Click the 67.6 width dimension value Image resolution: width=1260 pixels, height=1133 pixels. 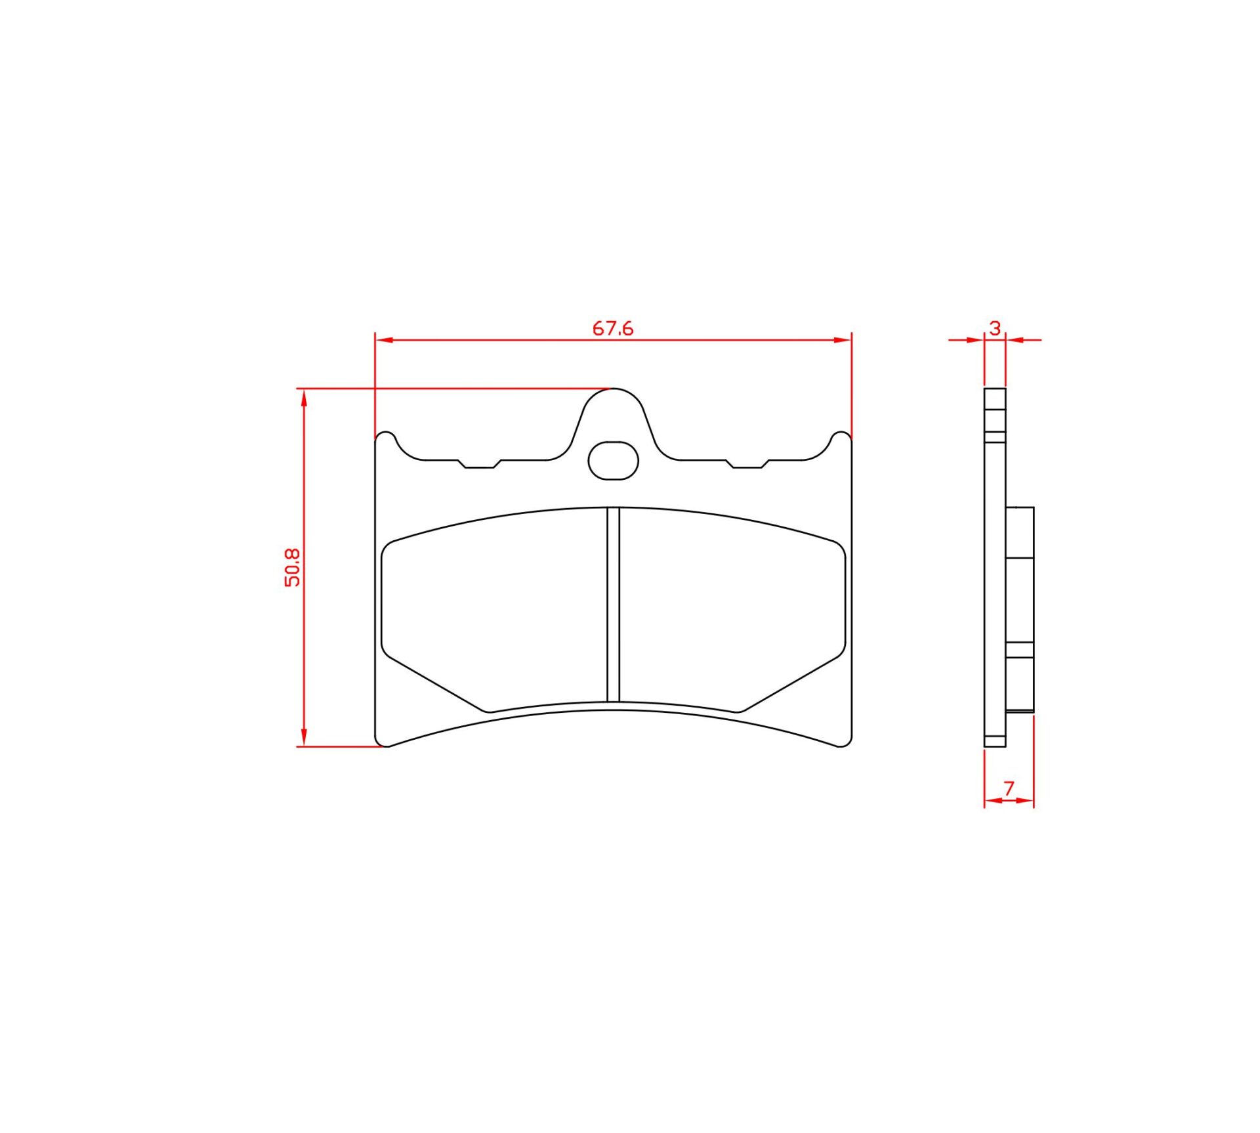613,328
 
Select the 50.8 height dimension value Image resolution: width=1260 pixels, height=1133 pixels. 292,567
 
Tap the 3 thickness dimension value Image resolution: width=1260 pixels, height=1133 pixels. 995,328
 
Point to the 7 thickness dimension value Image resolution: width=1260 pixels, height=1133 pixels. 1009,788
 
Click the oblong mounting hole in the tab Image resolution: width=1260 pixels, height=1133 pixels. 613,460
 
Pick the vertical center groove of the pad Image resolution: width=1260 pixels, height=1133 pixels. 613,604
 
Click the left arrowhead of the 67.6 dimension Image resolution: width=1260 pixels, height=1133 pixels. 384,340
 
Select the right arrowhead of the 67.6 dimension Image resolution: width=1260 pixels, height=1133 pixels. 843,340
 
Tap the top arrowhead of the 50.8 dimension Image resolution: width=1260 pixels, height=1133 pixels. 304,398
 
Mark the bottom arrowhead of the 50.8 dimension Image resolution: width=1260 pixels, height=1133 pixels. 304,738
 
